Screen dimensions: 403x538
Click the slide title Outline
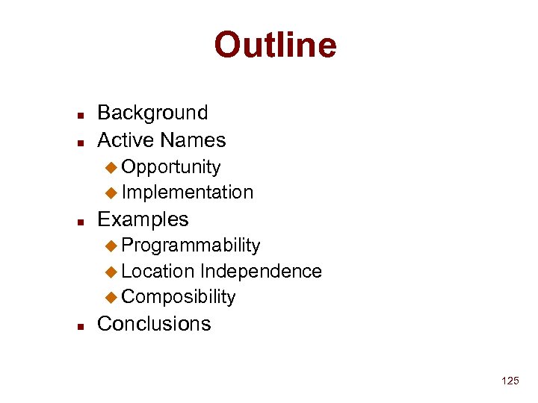(x=275, y=46)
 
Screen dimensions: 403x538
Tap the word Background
(x=152, y=113)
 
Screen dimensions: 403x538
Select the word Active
(x=126, y=140)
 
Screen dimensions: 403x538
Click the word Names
(x=193, y=140)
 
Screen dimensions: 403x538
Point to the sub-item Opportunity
(x=170, y=166)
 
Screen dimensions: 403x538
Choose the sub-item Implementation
(x=187, y=193)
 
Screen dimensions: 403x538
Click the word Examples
(x=143, y=219)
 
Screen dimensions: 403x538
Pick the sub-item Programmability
(x=191, y=246)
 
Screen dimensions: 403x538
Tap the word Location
(x=158, y=271)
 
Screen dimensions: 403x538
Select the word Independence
(x=261, y=271)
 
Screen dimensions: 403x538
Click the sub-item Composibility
(x=178, y=297)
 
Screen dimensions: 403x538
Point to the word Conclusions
(x=154, y=324)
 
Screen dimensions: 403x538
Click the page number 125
(x=510, y=381)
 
